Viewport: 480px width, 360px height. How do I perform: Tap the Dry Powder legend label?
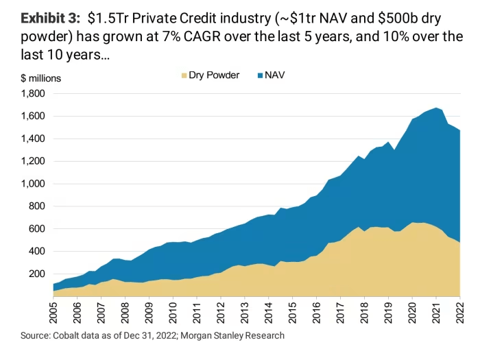214,75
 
